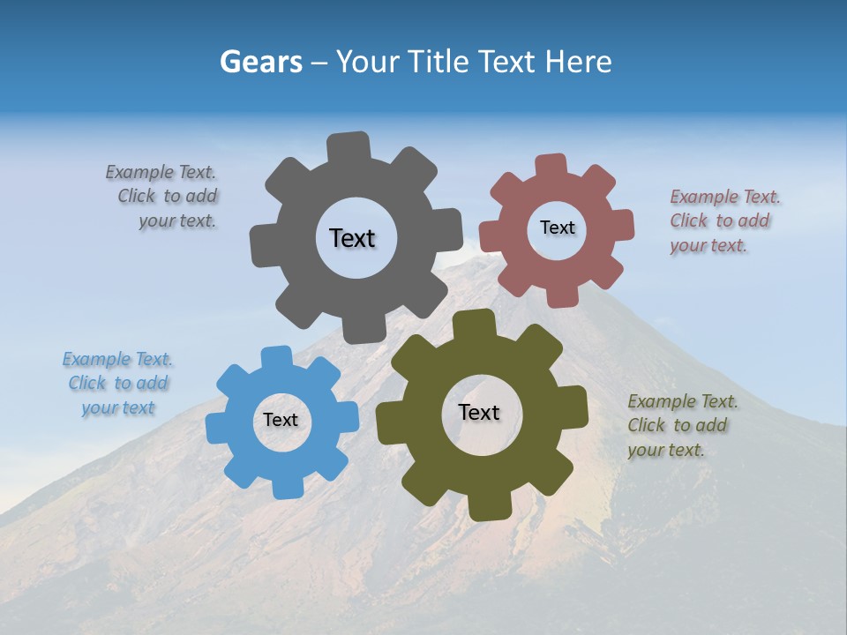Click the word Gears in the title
tap(260, 62)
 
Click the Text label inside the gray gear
tap(352, 238)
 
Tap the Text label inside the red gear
tap(557, 228)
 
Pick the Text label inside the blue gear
tap(281, 421)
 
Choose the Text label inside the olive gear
tap(479, 413)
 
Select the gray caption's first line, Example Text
tap(161, 173)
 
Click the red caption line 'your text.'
tap(708, 246)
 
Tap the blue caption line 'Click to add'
tap(118, 384)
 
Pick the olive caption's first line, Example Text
tap(683, 402)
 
